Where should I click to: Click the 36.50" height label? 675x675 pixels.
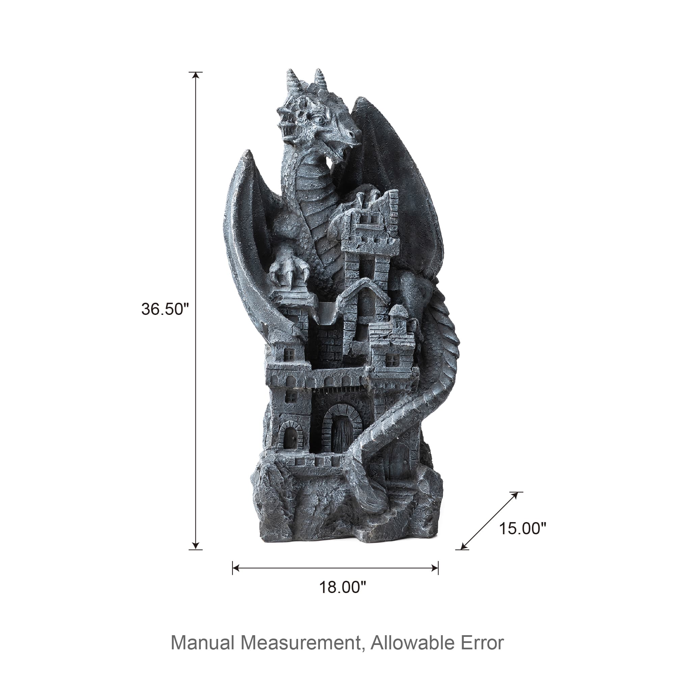165,309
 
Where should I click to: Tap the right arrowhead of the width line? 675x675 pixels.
435,568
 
